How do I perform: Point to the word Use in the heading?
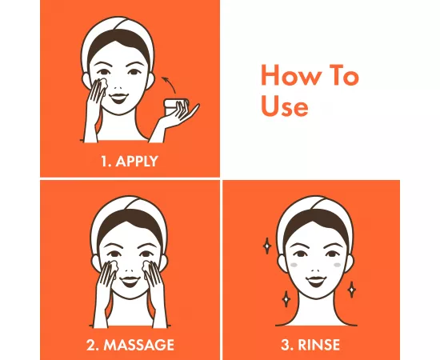tap(284, 105)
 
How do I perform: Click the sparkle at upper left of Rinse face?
tap(266, 245)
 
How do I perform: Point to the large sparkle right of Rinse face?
tap(353, 288)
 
